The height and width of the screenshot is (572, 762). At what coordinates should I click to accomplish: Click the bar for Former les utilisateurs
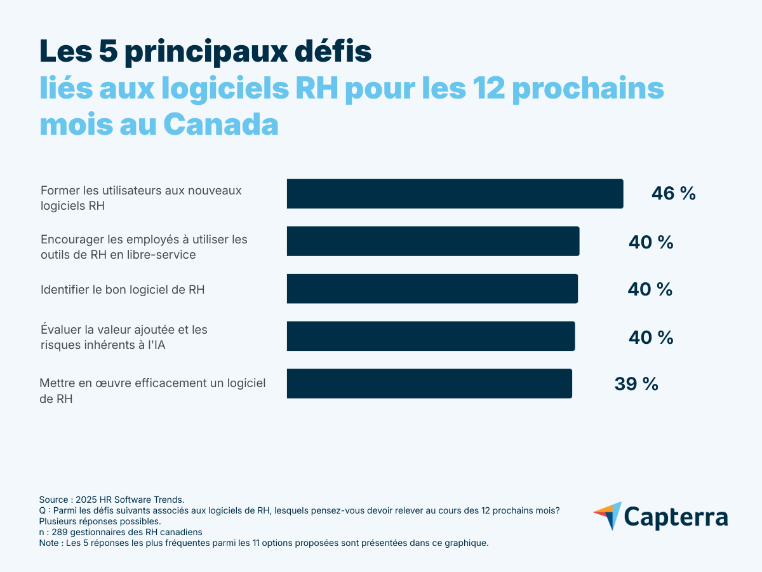(455, 194)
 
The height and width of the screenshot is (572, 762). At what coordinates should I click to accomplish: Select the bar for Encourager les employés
(433, 242)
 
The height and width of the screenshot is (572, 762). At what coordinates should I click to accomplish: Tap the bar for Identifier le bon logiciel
(432, 289)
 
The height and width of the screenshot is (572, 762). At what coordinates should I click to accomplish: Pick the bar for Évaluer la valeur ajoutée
(431, 336)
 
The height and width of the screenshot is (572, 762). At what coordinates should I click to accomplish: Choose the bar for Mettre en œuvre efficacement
(429, 383)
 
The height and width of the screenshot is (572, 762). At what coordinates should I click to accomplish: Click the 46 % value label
(673, 194)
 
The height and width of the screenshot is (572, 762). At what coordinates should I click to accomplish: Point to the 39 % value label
(636, 384)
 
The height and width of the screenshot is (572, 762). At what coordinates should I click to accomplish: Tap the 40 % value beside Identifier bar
(650, 289)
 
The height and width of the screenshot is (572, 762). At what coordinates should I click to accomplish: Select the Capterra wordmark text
(677, 517)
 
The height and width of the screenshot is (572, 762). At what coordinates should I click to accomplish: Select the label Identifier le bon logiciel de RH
(123, 289)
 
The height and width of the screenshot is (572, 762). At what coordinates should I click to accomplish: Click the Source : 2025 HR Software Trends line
(112, 500)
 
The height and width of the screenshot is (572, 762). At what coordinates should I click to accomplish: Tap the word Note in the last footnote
(49, 543)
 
